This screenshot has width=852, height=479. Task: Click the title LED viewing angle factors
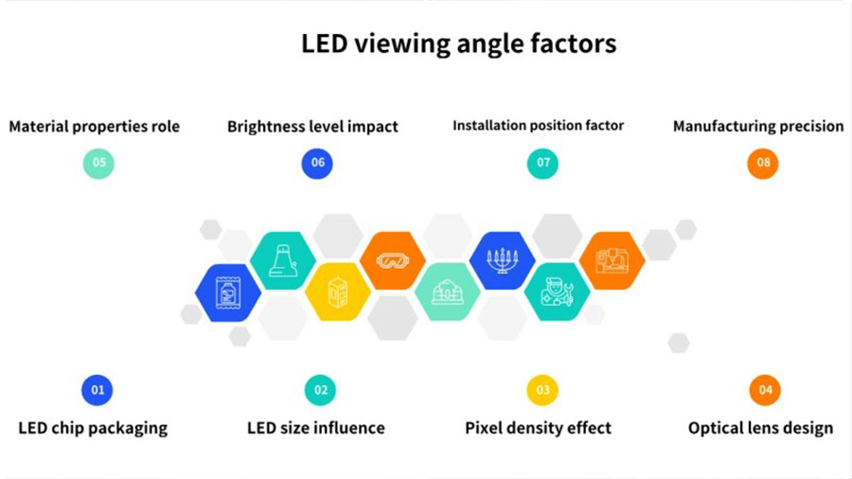458,44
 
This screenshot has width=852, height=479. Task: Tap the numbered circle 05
98,163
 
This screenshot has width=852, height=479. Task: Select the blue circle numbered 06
317,163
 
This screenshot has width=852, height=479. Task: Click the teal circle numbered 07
542,163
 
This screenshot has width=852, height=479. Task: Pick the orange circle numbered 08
763,163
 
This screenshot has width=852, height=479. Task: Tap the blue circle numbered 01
98,390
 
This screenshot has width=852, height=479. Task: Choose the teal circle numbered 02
321,390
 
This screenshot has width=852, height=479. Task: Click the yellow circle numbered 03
542,390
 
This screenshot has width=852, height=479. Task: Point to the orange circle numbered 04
765,390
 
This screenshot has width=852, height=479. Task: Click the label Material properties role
94,127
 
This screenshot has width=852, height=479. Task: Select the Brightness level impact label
312,127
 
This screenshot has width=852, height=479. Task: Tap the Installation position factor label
538,126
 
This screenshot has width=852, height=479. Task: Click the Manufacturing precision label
758,127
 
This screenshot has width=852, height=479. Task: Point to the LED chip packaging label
93,429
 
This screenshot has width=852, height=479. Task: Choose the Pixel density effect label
538,428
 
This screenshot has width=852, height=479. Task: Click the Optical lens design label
761,429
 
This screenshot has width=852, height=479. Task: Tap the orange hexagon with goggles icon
392,260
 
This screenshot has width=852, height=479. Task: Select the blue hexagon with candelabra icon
502,260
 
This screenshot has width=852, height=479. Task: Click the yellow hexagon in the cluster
337,293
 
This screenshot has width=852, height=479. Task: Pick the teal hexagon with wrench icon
557,293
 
